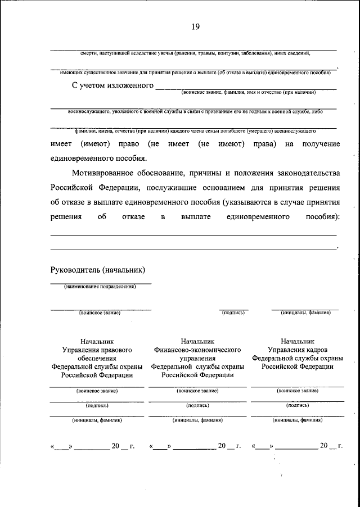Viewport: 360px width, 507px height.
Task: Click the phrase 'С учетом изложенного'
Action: tap(112, 85)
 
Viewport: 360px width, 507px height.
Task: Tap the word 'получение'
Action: tap(321, 144)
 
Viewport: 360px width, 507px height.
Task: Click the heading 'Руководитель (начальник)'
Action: tap(98, 269)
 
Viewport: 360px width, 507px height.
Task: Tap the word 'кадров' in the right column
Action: tap(311, 349)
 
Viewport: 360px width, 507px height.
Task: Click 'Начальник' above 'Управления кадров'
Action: tap(297, 341)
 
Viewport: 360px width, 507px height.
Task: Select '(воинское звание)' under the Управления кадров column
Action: tap(297, 390)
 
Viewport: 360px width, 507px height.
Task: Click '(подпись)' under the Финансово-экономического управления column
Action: tap(197, 405)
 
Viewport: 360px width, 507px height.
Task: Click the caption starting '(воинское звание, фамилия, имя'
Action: tap(248, 92)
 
